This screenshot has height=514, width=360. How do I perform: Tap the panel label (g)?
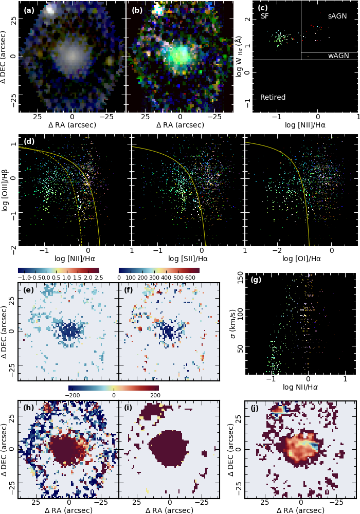[256, 280]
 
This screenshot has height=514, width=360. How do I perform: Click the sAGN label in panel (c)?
[337, 16]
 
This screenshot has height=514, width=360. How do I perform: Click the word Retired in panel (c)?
[273, 97]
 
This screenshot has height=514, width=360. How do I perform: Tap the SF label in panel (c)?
[265, 16]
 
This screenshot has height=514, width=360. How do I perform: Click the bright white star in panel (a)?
[50, 9]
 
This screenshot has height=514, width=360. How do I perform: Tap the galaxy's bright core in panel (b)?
[181, 54]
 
